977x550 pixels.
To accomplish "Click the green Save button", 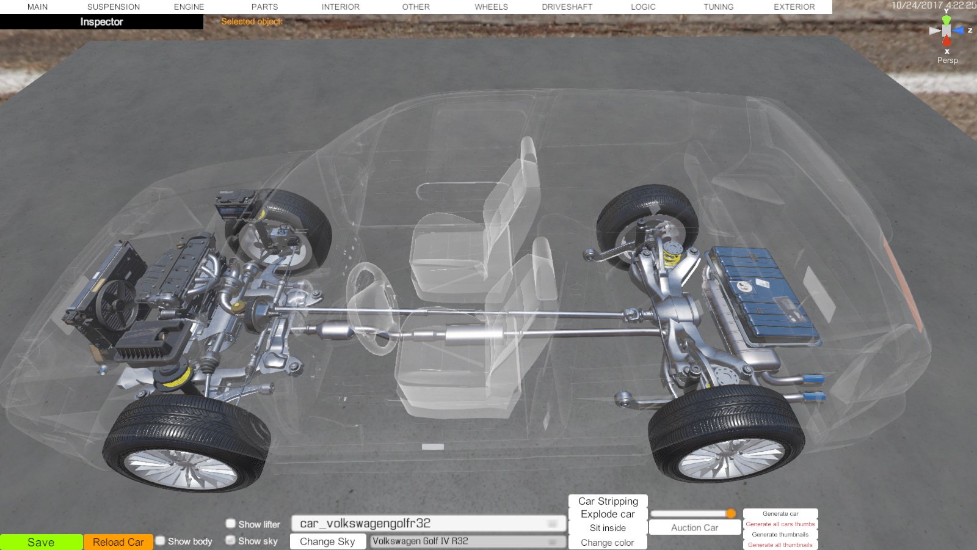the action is [41, 542].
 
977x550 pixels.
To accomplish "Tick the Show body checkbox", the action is [161, 541].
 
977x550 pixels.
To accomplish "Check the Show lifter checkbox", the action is [230, 523].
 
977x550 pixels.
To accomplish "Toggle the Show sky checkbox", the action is [230, 540].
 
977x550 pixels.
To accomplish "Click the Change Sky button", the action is [327, 541].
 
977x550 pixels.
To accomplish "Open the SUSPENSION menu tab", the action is [114, 7].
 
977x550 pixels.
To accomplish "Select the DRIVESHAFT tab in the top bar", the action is [567, 7].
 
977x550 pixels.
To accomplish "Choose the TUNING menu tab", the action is [718, 7].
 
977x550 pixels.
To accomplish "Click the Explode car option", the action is [608, 514].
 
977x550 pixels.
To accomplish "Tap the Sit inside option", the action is [608, 528].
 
